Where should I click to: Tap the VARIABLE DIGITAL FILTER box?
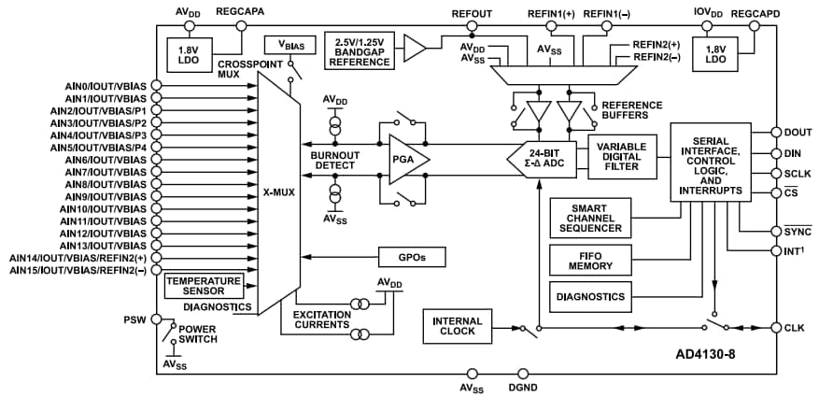(622, 155)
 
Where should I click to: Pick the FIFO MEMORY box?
(589, 259)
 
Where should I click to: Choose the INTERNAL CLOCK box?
(457, 327)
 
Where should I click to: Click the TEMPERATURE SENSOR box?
(203, 286)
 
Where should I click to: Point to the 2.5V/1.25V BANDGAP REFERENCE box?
(360, 50)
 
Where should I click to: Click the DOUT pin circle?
(776, 132)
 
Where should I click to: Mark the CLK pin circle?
(776, 327)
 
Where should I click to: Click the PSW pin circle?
(156, 319)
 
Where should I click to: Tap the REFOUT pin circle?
(472, 27)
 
